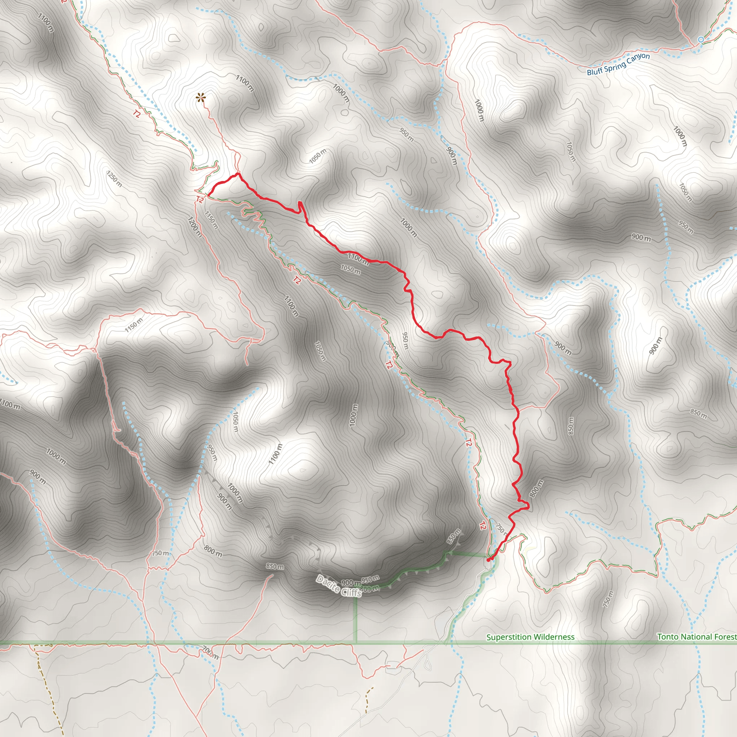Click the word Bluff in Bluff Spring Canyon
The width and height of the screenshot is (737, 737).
click(x=594, y=71)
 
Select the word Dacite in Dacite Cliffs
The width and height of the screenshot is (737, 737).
click(x=328, y=584)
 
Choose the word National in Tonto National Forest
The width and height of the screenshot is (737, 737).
click(x=697, y=637)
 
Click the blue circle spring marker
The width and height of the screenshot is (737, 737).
click(x=701, y=40)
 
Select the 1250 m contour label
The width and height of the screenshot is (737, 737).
click(x=114, y=178)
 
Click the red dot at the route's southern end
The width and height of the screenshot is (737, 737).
click(x=489, y=560)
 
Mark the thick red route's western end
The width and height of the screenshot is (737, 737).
click(x=208, y=196)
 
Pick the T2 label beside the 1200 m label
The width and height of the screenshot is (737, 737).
click(x=199, y=199)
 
